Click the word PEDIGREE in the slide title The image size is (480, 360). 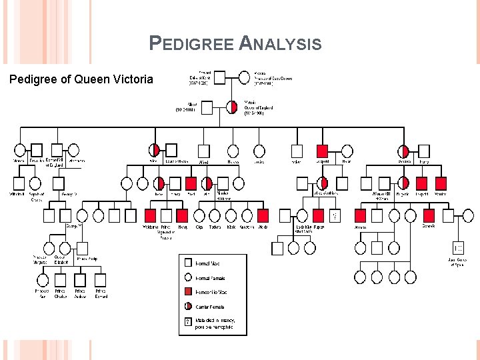[191, 45]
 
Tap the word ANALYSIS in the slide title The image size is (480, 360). [279, 45]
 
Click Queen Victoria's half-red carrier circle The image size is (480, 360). [232, 107]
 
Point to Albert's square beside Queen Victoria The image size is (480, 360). [207, 107]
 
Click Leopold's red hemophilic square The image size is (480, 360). [322, 151]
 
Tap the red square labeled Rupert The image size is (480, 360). [319, 215]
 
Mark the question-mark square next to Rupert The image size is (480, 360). [335, 215]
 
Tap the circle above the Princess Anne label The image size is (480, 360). [42, 281]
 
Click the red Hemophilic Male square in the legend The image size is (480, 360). [189, 292]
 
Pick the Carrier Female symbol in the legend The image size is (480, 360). [189, 307]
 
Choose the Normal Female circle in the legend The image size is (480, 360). [189, 278]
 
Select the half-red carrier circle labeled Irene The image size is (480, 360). [159, 183]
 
